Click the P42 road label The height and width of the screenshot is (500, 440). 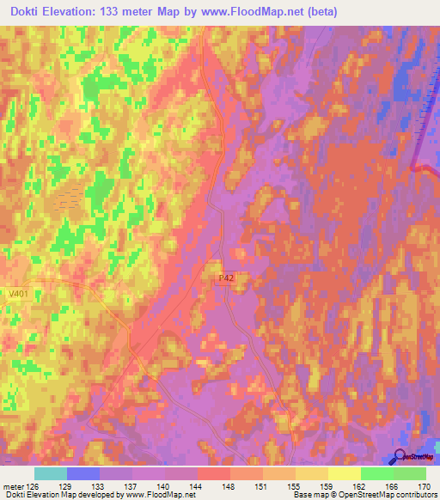pos(226,277)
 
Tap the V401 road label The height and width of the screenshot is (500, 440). pos(15,293)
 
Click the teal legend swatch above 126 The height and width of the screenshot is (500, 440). pos(50,473)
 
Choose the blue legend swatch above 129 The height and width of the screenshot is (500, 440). pos(82,473)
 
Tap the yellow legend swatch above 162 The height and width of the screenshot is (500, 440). pos(344,473)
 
